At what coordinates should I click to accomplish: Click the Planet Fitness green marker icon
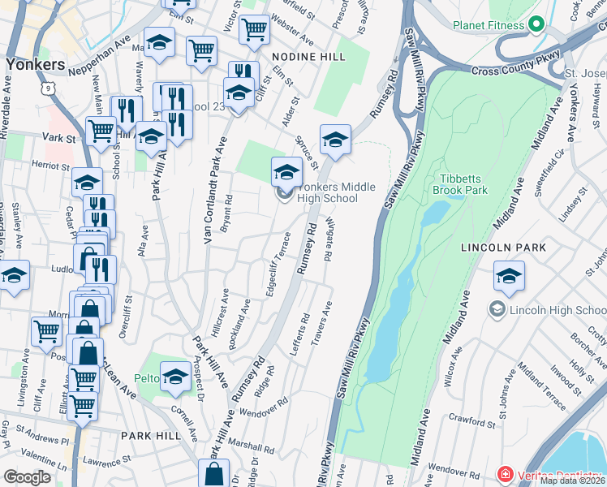point(536,25)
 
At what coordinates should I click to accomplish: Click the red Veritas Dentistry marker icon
point(505,474)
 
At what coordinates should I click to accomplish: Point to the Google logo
point(27,477)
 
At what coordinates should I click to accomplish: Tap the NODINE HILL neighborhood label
point(308,57)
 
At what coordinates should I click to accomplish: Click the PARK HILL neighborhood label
point(150,436)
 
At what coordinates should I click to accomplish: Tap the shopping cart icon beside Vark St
point(101,130)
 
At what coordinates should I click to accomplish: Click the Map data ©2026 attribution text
point(572,481)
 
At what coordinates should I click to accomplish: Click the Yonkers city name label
point(34,63)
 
